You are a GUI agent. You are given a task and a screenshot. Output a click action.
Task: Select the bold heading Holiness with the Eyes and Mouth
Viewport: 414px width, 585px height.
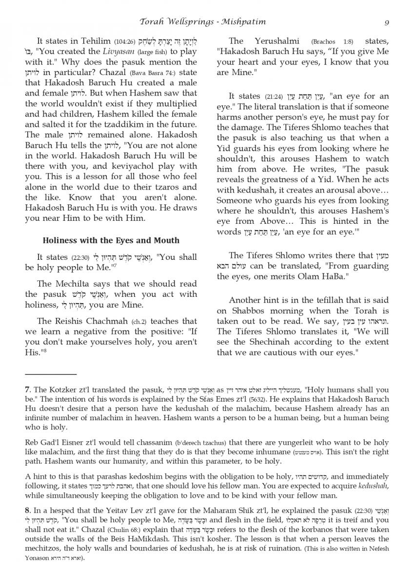coord(111,240)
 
